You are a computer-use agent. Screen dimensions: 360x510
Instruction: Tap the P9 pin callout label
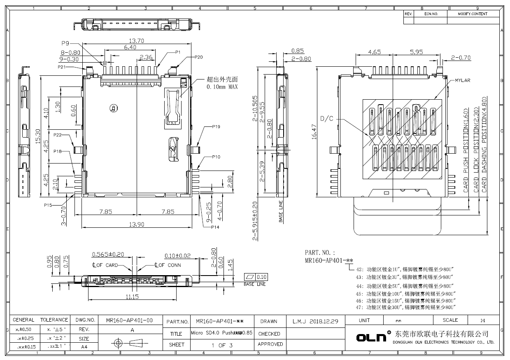(65, 43)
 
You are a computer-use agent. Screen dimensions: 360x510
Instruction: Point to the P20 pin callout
(198, 57)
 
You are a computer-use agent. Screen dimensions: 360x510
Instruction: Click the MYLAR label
(462, 80)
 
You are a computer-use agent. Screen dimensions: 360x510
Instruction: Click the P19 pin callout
(216, 127)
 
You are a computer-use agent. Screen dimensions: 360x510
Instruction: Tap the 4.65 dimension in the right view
(374, 52)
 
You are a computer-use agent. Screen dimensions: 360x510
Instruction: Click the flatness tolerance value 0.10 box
(261, 276)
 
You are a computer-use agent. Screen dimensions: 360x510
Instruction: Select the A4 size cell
(84, 347)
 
